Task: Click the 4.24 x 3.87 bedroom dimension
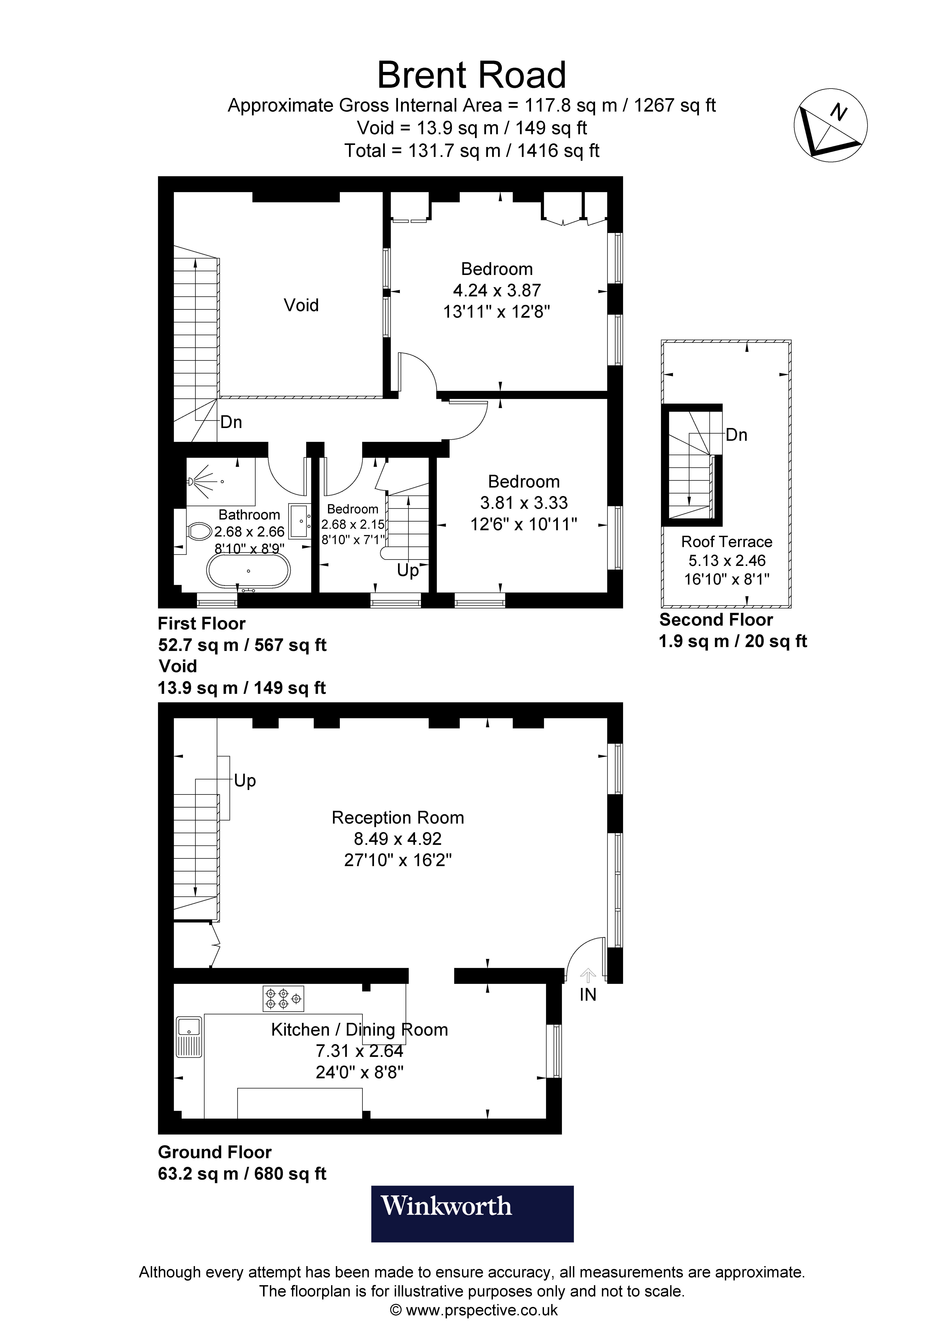(x=497, y=290)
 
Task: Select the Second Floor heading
(x=716, y=620)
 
